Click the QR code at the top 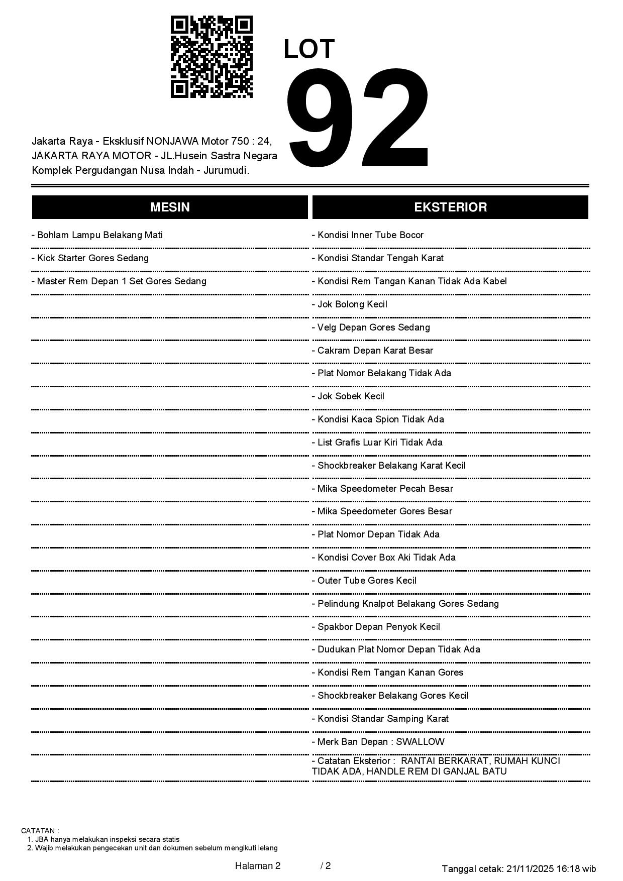pyautogui.click(x=212, y=57)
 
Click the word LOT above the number pyautogui.click(x=309, y=49)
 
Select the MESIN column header pyautogui.click(x=170, y=207)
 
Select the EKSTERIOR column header pyautogui.click(x=450, y=207)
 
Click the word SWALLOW pyautogui.click(x=421, y=742)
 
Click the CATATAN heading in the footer pyautogui.click(x=40, y=831)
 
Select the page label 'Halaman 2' pyautogui.click(x=258, y=866)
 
